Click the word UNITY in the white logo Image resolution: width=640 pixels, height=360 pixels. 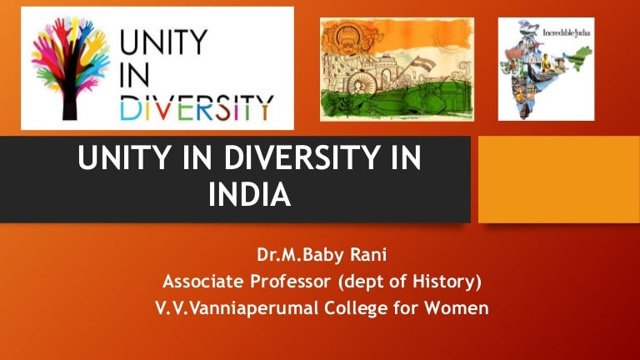[x=163, y=42]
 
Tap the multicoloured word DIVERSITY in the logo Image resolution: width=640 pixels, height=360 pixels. [x=197, y=107]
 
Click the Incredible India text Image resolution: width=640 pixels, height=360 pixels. [x=566, y=32]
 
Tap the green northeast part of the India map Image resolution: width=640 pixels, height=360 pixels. [x=581, y=57]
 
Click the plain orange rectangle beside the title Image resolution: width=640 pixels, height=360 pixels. [x=559, y=179]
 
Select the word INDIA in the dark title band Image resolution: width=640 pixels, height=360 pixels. [x=249, y=195]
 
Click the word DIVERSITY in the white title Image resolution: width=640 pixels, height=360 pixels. [x=302, y=157]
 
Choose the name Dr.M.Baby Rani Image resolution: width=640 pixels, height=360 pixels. [x=322, y=255]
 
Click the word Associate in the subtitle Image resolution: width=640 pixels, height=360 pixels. [x=203, y=281]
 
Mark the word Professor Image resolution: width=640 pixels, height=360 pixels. [x=291, y=281]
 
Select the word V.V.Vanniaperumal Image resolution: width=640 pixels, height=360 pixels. [x=237, y=307]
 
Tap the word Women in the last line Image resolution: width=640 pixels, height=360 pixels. [x=457, y=307]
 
